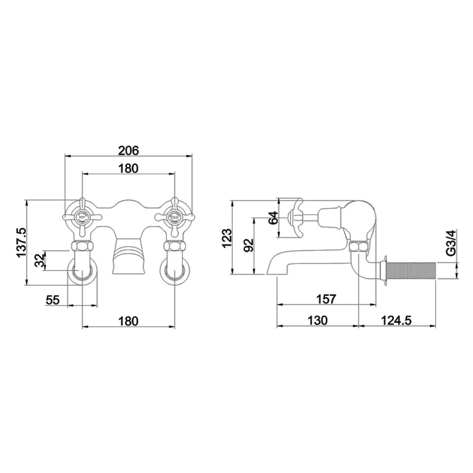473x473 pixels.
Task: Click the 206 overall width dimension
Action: tap(128, 150)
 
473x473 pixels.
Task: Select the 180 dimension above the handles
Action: tap(128, 169)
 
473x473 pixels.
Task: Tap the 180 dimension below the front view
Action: tap(128, 321)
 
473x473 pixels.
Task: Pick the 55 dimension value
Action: tap(52, 300)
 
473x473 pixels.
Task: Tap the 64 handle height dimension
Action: tap(274, 217)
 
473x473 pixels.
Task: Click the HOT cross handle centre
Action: tap(82, 217)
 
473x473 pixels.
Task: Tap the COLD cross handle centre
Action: tap(174, 217)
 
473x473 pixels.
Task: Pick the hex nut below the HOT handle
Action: tap(82, 246)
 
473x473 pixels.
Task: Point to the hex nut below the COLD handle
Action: tap(174, 246)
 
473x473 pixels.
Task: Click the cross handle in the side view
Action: tap(295, 217)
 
